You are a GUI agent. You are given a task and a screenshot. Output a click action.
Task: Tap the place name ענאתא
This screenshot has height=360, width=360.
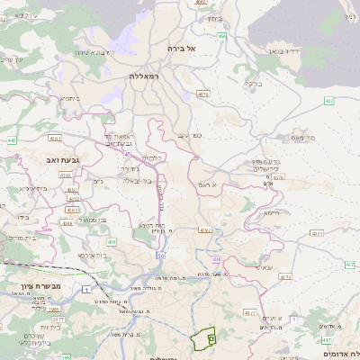(x=264, y=267)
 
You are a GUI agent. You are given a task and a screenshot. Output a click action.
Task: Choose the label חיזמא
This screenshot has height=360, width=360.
(x=272, y=213)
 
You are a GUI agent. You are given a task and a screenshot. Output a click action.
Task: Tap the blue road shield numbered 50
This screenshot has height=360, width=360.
(x=160, y=256)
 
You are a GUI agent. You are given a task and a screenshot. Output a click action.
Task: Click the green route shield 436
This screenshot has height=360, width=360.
(x=112, y=242)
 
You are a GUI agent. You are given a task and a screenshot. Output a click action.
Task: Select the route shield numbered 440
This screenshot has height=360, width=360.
(x=12, y=140)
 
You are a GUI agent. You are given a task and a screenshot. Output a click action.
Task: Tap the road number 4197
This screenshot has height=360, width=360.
(x=205, y=229)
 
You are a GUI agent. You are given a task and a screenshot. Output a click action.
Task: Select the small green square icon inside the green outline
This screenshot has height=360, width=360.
(x=211, y=337)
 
